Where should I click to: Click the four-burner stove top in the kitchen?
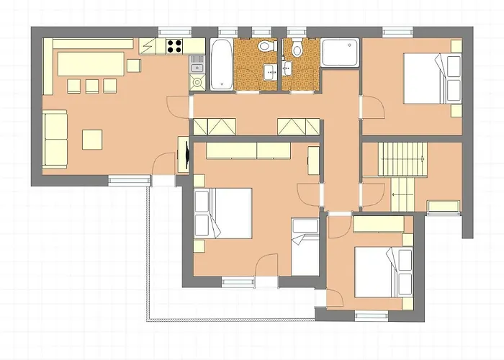(175, 47)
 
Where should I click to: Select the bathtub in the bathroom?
(220, 65)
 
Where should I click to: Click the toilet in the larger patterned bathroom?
(266, 48)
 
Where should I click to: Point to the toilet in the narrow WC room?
(297, 49)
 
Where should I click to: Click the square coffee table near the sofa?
(91, 138)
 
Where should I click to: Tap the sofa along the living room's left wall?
(53, 138)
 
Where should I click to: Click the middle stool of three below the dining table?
(91, 86)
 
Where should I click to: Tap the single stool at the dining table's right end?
(135, 66)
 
